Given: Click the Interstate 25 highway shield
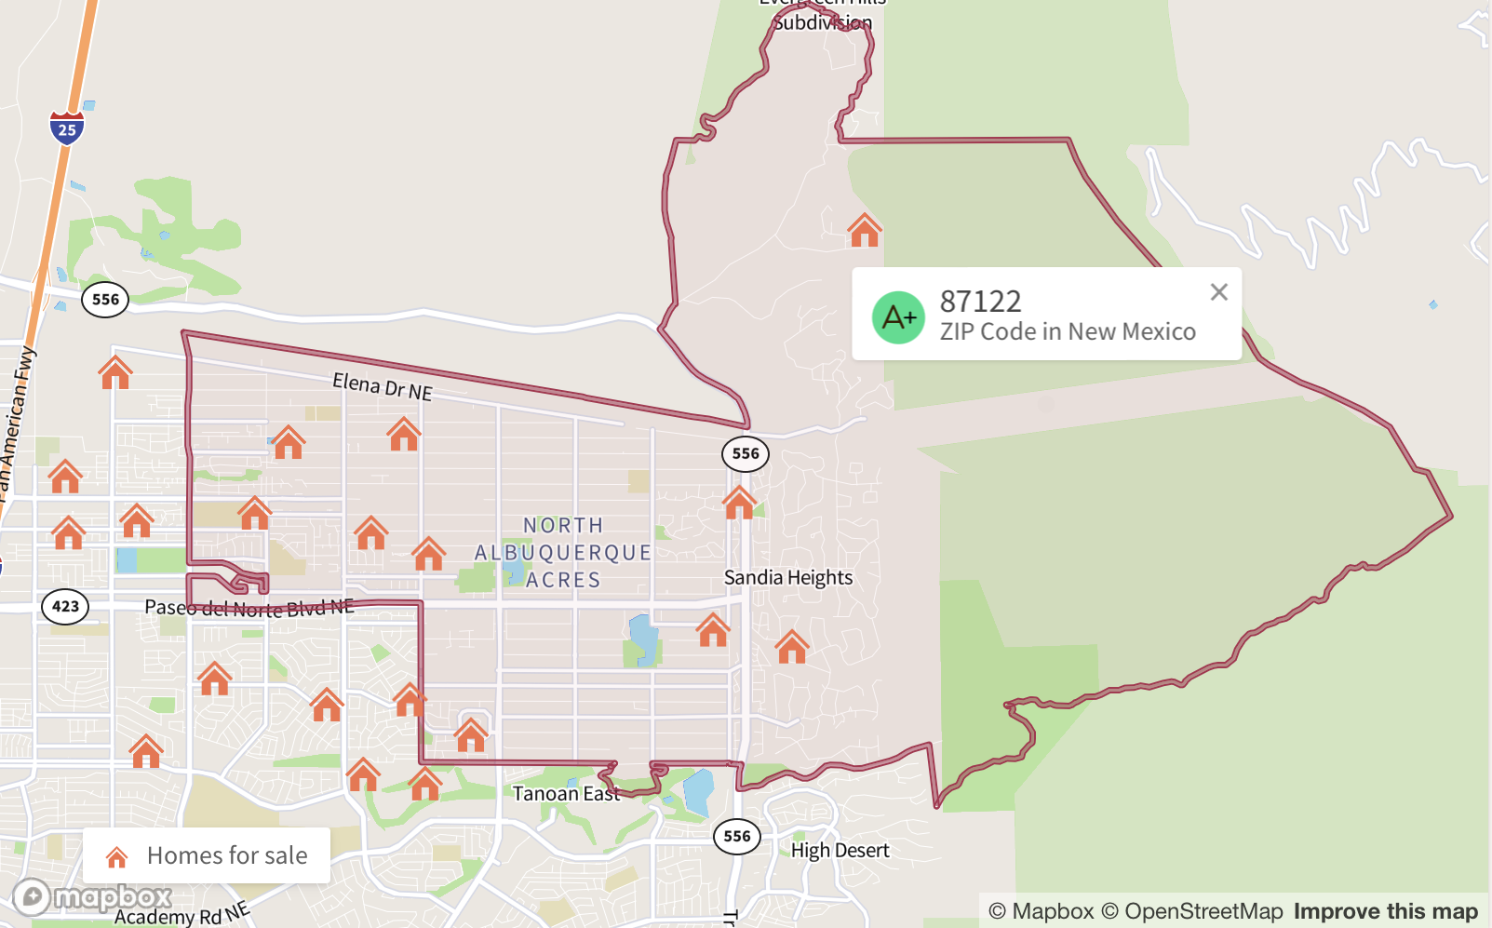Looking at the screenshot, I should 67,128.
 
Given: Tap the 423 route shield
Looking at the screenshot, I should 65,607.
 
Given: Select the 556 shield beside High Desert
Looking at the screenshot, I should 737,836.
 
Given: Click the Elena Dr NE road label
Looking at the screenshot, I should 383,385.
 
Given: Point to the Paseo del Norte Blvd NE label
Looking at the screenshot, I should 249,608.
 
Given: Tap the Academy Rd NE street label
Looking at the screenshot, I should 181,914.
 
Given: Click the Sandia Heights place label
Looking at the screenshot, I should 788,578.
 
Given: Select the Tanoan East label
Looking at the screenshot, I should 566,794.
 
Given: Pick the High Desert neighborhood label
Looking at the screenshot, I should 840,851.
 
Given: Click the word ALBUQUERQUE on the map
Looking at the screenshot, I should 563,553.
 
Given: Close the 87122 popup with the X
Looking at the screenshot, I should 1218,292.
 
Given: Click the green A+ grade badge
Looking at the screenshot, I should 898,317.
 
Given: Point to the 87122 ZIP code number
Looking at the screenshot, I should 980,302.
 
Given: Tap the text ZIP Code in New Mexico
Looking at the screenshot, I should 1068,332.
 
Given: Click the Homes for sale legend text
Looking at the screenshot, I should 227,855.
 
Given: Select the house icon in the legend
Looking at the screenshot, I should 116,856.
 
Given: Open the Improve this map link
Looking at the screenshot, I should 1385,911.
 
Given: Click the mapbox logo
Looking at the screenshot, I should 92,897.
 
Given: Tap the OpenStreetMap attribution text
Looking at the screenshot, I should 1192,911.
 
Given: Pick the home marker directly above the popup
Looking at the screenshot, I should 864,231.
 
